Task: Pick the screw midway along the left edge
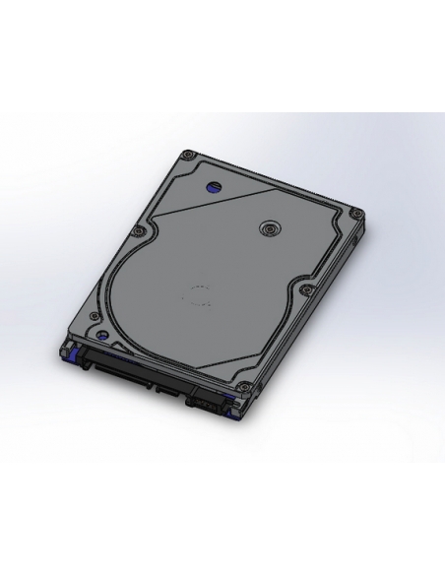click(139, 231)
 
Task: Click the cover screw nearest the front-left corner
click(93, 317)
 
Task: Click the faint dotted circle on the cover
click(201, 293)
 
